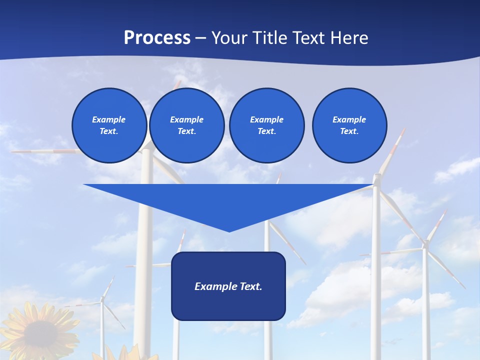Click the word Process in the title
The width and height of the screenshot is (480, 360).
click(157, 38)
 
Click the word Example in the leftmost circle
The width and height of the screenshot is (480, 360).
click(109, 119)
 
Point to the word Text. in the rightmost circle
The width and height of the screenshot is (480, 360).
click(349, 131)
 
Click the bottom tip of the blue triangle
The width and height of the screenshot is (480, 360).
click(229, 230)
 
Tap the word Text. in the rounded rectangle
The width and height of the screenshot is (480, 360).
click(251, 286)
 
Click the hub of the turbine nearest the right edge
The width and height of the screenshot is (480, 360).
click(425, 244)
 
